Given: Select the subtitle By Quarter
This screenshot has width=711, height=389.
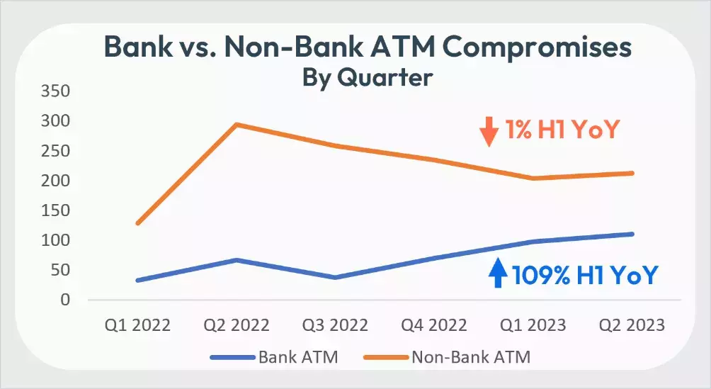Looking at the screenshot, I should (367, 76).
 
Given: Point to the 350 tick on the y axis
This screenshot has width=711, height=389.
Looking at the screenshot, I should (55, 91).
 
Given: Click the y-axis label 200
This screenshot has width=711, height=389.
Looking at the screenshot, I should (55, 181).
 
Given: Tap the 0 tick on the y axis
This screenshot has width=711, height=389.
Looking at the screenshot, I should (64, 300).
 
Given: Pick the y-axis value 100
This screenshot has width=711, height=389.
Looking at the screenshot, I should (55, 240).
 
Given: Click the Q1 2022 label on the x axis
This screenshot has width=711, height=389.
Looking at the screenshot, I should (137, 325).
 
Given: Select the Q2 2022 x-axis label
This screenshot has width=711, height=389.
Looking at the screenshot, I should (237, 325).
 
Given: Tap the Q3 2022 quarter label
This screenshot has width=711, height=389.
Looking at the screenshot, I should (335, 325).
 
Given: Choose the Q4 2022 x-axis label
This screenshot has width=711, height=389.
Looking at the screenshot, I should (434, 325).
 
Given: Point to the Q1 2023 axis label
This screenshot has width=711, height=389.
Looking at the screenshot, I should (533, 325).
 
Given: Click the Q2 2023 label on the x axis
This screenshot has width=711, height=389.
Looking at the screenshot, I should (632, 325).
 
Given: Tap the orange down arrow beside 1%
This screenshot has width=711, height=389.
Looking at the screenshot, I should (488, 132).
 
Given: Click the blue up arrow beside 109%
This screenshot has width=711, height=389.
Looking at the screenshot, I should (498, 273).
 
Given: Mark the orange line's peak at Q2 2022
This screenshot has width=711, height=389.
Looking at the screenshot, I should (237, 125).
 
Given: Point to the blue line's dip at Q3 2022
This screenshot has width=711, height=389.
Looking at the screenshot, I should (335, 277).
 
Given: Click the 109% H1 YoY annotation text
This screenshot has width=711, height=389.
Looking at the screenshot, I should (585, 274).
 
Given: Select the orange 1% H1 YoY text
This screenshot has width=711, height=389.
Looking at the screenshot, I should (562, 130).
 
